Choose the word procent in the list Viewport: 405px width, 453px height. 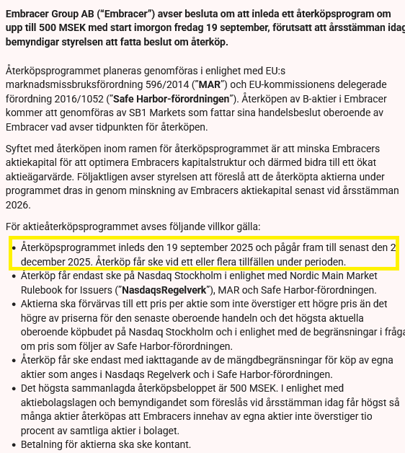pos(40,431)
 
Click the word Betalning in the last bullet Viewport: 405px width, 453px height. pos(45,444)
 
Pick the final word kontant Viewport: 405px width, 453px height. pos(172,444)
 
